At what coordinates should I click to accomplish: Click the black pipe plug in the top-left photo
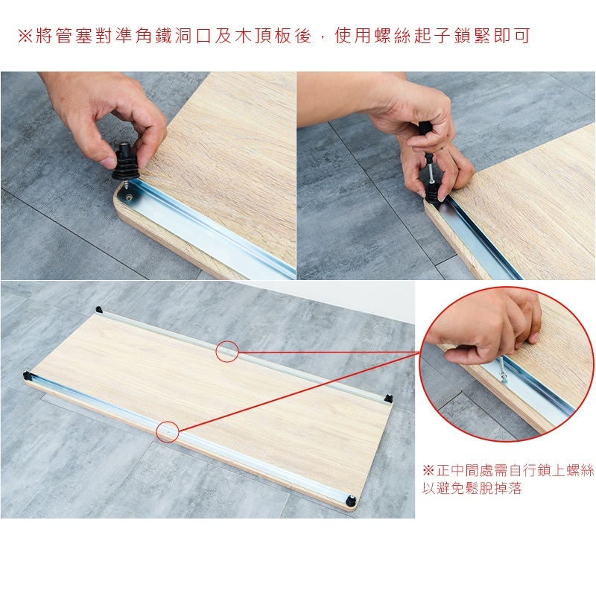click(x=125, y=162)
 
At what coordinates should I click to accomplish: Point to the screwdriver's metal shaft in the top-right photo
click(x=430, y=171)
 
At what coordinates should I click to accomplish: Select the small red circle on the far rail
click(x=227, y=351)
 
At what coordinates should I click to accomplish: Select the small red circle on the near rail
click(x=168, y=431)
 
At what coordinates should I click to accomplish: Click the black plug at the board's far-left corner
click(x=99, y=309)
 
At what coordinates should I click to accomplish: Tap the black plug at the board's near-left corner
click(x=27, y=376)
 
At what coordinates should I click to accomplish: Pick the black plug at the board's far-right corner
click(x=388, y=399)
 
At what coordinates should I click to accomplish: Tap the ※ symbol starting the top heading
click(x=25, y=36)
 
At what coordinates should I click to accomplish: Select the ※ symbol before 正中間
click(x=428, y=470)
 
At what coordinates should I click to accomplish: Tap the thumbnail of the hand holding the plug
click(x=148, y=176)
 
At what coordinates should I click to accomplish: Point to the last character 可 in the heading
click(x=521, y=36)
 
